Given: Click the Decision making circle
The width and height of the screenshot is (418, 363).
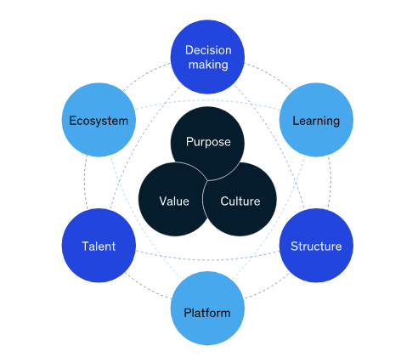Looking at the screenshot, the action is click(x=207, y=57).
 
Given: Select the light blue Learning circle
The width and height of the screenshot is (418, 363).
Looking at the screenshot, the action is click(x=316, y=120).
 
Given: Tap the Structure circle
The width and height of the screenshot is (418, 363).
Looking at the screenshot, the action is click(x=316, y=246).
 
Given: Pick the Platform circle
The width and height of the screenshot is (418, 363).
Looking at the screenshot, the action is click(x=207, y=309).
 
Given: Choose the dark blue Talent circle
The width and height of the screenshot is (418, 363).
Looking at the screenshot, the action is click(x=99, y=246).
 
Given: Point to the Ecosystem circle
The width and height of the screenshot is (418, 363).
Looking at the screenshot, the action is click(x=99, y=120).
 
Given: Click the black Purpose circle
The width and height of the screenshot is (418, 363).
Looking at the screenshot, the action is click(x=207, y=144).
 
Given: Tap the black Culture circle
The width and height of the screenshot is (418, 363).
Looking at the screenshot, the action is click(x=240, y=199).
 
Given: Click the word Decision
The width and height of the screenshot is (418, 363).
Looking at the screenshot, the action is click(x=208, y=50).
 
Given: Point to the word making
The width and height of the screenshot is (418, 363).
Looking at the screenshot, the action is click(x=208, y=65).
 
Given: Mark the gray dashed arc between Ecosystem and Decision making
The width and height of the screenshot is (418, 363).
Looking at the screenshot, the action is click(x=146, y=75).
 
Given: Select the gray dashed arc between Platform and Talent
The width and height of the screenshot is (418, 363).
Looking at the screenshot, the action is click(x=147, y=287).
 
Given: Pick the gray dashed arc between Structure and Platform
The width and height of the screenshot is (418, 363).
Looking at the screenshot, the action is click(x=268, y=287).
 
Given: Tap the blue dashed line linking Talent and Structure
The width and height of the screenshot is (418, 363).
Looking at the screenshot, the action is click(x=207, y=259).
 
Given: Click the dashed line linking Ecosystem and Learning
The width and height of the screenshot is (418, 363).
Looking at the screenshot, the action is click(x=207, y=100).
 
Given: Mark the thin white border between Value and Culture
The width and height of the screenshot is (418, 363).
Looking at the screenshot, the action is click(x=203, y=199).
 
